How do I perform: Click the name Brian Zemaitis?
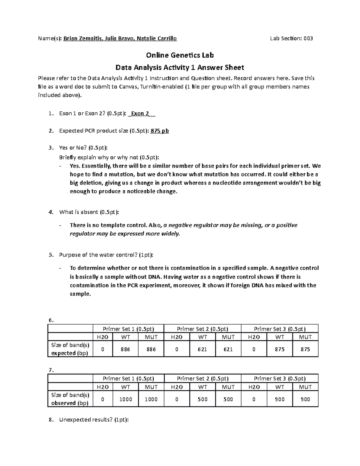[x=81, y=38]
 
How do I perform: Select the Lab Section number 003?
[x=308, y=38]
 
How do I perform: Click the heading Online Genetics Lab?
[x=180, y=55]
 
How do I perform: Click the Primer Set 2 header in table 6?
[x=202, y=329]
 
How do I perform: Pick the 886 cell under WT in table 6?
[x=125, y=349]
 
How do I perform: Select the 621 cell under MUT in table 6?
[x=228, y=349]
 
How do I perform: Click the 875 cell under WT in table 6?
[x=280, y=349]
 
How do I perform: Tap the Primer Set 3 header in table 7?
[x=280, y=379]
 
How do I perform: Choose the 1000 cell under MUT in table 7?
[x=151, y=399]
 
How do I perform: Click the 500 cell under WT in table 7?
[x=202, y=399]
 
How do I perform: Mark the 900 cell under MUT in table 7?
[x=305, y=399]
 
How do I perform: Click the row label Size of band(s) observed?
[x=70, y=399]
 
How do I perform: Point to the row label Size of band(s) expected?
[x=70, y=349]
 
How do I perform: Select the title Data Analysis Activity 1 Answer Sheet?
[x=180, y=68]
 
